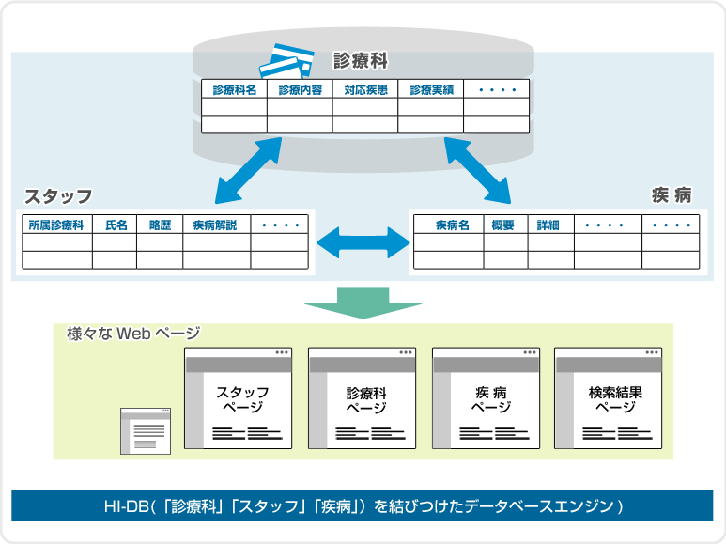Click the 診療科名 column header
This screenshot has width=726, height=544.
(x=234, y=90)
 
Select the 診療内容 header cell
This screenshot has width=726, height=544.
(x=300, y=90)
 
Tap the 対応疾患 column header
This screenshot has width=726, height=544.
(x=365, y=90)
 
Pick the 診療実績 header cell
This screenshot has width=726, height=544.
(x=431, y=90)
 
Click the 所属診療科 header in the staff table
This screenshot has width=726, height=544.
(x=56, y=225)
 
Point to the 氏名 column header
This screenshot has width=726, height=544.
(x=115, y=225)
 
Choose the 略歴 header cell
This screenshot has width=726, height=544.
(x=160, y=225)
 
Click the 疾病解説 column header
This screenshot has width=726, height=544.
(x=216, y=225)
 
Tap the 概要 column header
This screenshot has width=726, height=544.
(x=505, y=225)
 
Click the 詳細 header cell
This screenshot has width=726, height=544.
(x=550, y=225)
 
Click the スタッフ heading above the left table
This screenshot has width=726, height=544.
(x=58, y=195)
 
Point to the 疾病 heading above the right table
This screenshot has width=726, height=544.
(x=671, y=195)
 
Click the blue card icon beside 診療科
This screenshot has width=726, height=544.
(x=286, y=62)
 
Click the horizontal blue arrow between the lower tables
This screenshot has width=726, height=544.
(x=363, y=243)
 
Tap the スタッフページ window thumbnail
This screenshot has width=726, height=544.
(x=239, y=398)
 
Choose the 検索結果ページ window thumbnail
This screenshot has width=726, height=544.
(x=610, y=398)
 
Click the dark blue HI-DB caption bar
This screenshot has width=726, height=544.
(x=363, y=505)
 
